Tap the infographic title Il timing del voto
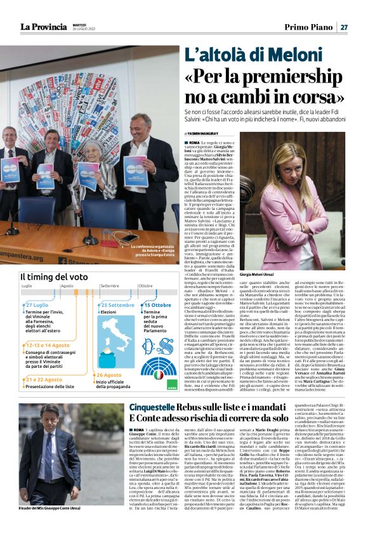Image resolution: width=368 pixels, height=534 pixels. click(53, 277)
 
